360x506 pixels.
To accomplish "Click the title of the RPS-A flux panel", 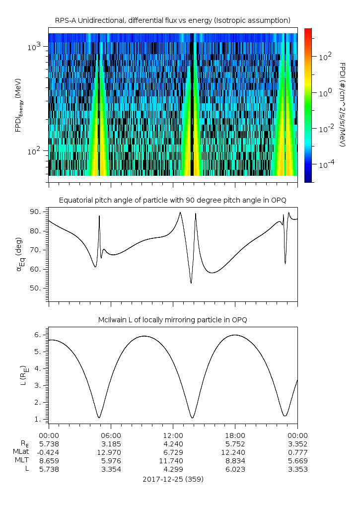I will (x=173, y=20).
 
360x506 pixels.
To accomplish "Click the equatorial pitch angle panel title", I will (x=173, y=200).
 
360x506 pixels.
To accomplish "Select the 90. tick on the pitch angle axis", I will (x=37, y=212).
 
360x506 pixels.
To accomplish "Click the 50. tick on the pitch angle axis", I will (x=37, y=288).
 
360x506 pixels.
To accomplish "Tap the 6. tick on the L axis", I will (x=39, y=335).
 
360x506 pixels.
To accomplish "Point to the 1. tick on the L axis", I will (x=39, y=419).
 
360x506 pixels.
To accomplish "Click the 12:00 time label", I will (x=173, y=435).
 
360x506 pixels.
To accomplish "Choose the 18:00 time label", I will (x=235, y=435).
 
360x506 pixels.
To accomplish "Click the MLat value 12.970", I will (x=111, y=452).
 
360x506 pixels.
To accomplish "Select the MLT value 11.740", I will (x=173, y=461).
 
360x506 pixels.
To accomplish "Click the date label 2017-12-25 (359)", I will (x=173, y=479).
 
